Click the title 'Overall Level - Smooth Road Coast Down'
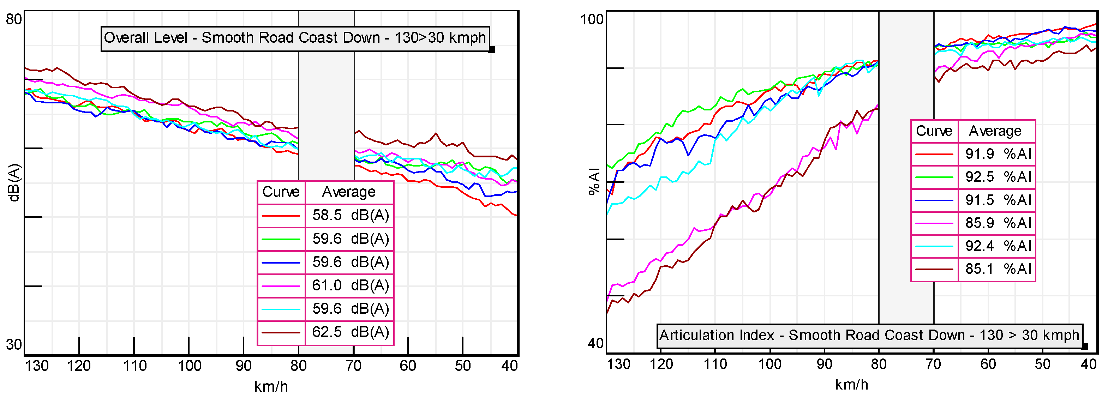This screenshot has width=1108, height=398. [295, 38]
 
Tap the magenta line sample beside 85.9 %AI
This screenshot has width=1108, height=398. [934, 223]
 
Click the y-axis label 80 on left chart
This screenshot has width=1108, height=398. [14, 19]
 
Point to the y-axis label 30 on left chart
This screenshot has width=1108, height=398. [14, 345]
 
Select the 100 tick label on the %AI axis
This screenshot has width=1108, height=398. [592, 19]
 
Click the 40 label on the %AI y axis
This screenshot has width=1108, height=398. [596, 343]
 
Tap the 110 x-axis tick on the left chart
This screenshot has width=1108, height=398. [134, 366]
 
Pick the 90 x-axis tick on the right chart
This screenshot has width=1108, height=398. [824, 364]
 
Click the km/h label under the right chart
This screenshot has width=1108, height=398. [851, 385]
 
